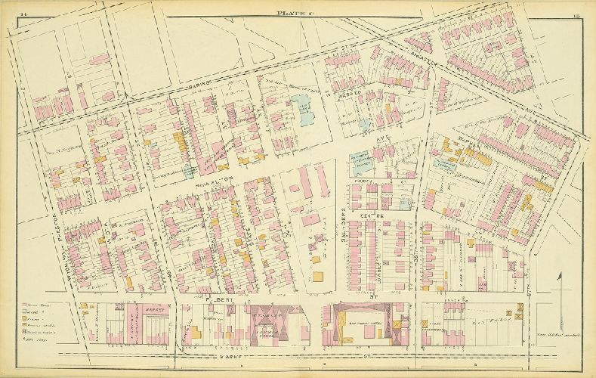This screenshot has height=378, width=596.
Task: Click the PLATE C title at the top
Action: pos(295,13)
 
